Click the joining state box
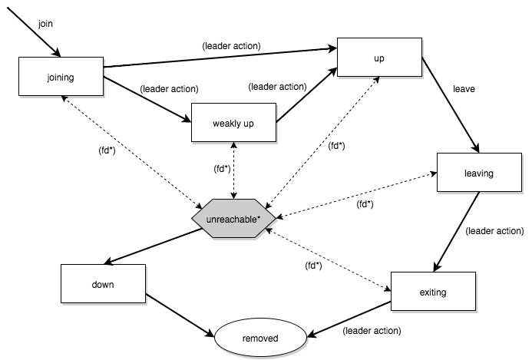[x=61, y=76]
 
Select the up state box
[x=380, y=58]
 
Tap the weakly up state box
[x=234, y=123]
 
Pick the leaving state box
[x=479, y=173]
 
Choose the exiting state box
[x=433, y=291]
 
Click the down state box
[x=103, y=284]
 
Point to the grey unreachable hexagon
[x=234, y=218]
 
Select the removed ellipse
[x=260, y=338]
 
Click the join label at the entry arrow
[x=45, y=24]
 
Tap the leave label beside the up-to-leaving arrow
[x=464, y=89]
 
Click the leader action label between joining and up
[x=231, y=46]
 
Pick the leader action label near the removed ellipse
[x=372, y=331]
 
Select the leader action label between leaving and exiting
[x=494, y=231]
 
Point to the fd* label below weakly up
[x=222, y=169]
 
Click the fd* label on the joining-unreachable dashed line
[x=107, y=150]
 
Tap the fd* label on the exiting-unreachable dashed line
[x=313, y=266]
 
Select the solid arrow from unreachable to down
[x=153, y=246]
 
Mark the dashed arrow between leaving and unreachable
[x=357, y=195]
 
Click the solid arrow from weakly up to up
[x=307, y=95]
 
